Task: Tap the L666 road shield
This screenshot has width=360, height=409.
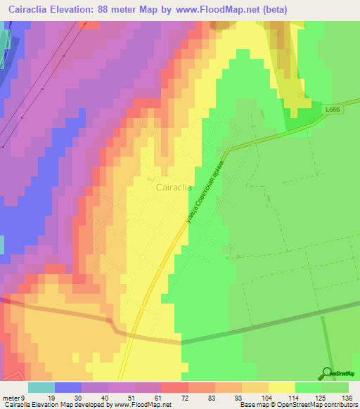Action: [x=333, y=110]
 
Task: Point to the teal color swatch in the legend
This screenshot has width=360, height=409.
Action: [x=41, y=387]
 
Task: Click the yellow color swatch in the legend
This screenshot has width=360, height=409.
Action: [x=282, y=387]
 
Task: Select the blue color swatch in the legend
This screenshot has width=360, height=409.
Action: [x=68, y=387]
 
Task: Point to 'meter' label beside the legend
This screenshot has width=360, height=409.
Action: [x=11, y=397]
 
